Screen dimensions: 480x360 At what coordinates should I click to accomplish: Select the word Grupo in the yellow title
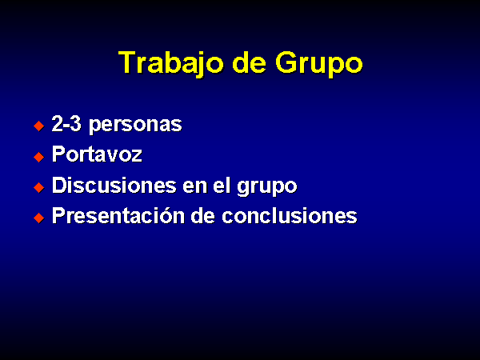[319, 63]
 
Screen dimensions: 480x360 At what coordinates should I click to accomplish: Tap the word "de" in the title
[249, 62]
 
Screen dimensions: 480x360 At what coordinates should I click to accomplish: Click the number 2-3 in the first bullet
[66, 124]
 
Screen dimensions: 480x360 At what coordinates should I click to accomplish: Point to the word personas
[135, 126]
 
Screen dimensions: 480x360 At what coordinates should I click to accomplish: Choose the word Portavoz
[97, 154]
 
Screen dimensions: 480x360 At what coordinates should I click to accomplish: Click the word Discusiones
[114, 185]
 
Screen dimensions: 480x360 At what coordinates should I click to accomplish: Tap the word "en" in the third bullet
[195, 186]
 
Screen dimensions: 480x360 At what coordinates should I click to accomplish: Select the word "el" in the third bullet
[222, 185]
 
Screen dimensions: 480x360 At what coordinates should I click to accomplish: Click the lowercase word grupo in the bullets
[266, 186]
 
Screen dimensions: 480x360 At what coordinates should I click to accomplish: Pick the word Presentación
[118, 215]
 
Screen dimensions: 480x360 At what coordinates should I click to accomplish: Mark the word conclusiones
[290, 215]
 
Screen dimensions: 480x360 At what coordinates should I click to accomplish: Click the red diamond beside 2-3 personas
[39, 126]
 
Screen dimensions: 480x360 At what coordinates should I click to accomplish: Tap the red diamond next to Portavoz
[39, 157]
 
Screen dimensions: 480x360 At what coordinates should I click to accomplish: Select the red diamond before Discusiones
[39, 187]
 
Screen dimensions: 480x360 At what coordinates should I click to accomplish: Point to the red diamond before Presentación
[39, 218]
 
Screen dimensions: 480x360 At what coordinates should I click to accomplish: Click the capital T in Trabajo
[127, 62]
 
